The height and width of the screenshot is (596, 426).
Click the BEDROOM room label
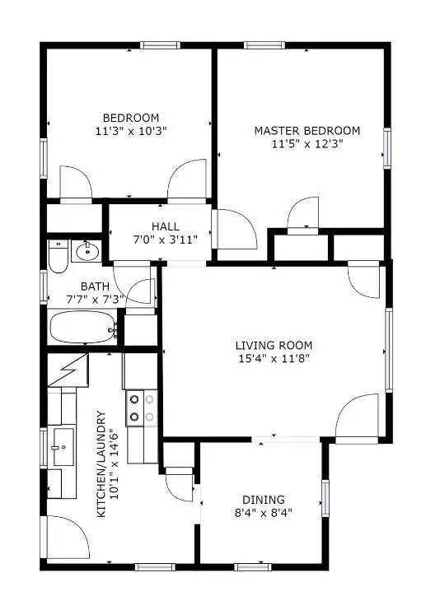(x=130, y=117)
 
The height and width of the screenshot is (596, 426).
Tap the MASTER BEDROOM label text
(x=307, y=131)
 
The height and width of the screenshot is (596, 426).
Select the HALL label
(x=165, y=226)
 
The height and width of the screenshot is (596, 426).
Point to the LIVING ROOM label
(x=274, y=345)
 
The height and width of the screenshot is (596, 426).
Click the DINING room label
(x=263, y=500)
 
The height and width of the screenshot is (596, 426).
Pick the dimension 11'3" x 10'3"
(x=130, y=130)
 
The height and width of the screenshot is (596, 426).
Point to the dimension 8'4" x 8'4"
(x=263, y=513)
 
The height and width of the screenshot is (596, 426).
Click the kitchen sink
(x=60, y=448)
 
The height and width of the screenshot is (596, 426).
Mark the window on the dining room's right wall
(x=325, y=496)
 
